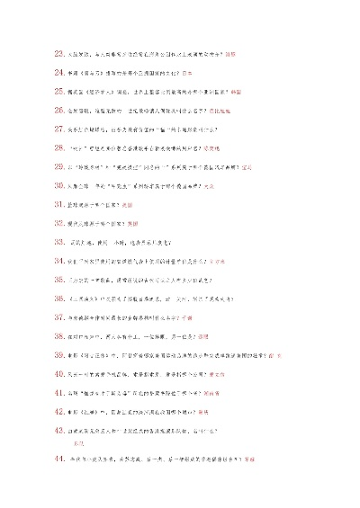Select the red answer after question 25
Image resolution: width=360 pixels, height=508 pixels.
[x=237, y=91]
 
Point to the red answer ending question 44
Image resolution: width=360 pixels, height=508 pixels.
[x=248, y=459]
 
